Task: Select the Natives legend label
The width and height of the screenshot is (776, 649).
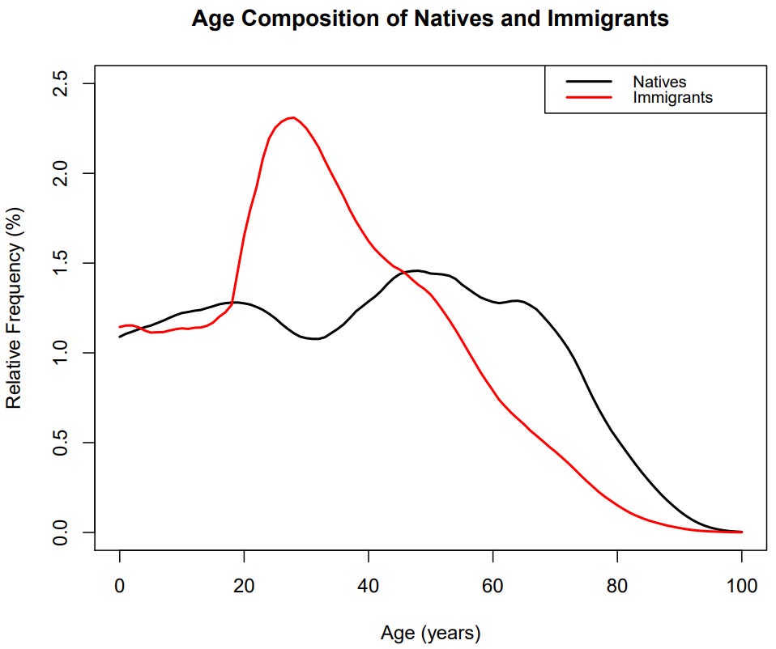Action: tap(659, 82)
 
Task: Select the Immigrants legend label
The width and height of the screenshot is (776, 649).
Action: tap(672, 97)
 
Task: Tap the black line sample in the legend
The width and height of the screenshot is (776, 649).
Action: tap(589, 82)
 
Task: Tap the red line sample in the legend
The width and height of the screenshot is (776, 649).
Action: tap(589, 97)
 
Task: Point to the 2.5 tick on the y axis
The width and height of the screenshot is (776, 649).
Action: tap(62, 84)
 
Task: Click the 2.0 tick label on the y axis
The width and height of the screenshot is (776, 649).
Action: tap(62, 173)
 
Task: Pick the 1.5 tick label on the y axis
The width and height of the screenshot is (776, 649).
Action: tap(62, 263)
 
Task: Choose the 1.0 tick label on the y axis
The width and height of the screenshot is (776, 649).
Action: tap(62, 353)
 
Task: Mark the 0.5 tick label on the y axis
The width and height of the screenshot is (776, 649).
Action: tap(62, 443)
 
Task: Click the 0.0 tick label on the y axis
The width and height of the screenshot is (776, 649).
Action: tap(62, 532)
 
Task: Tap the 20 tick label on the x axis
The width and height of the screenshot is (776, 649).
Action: tap(244, 585)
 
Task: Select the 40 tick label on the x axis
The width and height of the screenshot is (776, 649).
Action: tap(369, 585)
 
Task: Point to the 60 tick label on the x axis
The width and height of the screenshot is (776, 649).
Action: tap(493, 585)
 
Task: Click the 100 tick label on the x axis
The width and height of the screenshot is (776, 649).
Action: tap(741, 585)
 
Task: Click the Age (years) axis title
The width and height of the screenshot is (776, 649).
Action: tap(430, 631)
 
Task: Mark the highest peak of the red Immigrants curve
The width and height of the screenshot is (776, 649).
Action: tap(292, 117)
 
